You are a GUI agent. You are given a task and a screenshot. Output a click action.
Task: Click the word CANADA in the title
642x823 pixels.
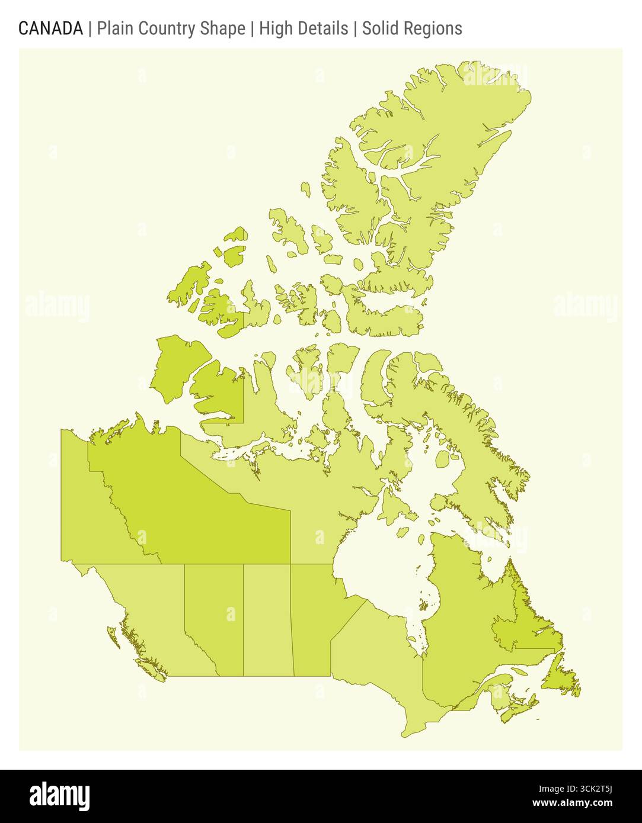pyautogui.click(x=50, y=28)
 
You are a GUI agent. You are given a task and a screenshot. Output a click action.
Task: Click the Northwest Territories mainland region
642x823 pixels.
pyautogui.click(x=196, y=509)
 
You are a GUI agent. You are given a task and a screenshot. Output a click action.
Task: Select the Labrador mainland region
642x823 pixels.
pyautogui.click(x=528, y=628)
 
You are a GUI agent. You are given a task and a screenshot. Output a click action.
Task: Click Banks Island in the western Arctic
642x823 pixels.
pyautogui.click(x=178, y=367)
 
